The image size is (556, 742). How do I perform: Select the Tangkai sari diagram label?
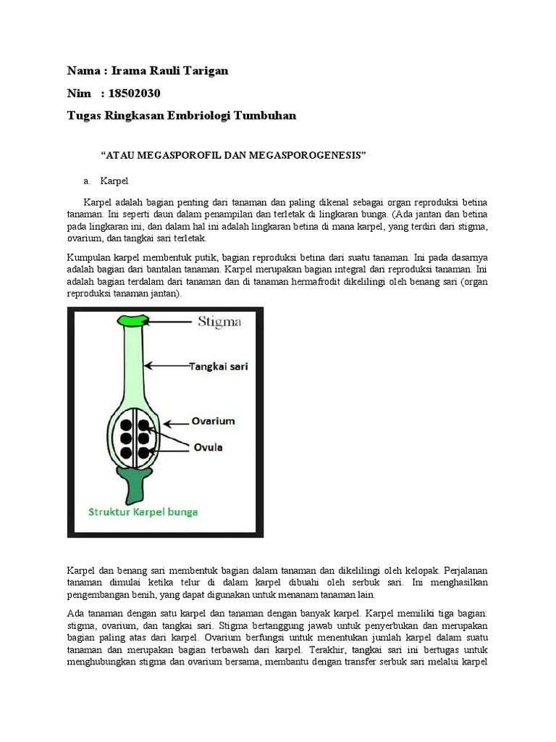(x=219, y=367)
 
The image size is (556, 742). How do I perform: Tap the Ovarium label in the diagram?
(x=213, y=420)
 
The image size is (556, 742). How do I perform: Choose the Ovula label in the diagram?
(x=207, y=447)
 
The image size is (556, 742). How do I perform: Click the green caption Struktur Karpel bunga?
(x=143, y=511)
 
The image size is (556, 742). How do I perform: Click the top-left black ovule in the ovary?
(x=125, y=426)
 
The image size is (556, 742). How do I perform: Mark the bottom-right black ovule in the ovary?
(x=143, y=454)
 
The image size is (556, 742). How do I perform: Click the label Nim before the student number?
(x=80, y=93)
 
